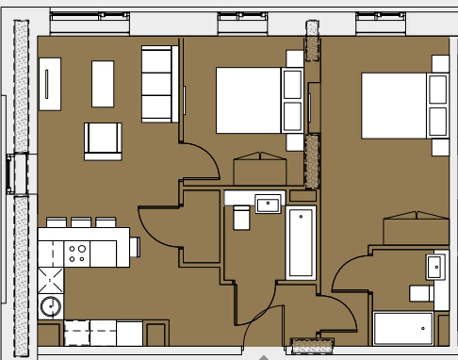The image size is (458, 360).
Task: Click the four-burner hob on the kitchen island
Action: coord(77,253)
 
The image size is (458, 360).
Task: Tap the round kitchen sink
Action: coord(50,307)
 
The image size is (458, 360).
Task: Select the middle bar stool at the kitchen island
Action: coord(81,222)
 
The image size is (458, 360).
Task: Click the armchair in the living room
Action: coord(103,141)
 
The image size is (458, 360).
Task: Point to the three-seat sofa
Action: coord(160,84)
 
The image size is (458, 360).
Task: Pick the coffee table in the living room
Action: coord(102,84)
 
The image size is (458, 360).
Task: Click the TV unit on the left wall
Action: coord(49,84)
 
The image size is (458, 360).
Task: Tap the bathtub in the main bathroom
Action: coord(301,242)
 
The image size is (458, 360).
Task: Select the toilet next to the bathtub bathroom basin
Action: coord(241,218)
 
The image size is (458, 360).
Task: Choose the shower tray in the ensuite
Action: coord(403,329)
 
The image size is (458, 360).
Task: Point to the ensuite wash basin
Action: coord(435,267)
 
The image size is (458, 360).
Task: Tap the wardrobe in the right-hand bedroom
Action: coord(416,228)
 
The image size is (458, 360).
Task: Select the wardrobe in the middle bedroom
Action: coord(259,169)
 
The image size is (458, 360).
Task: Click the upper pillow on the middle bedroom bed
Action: coord(292,84)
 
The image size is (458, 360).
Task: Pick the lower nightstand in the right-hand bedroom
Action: coord(440,147)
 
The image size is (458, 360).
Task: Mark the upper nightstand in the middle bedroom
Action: coord(295,59)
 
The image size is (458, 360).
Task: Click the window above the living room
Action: coord(89,23)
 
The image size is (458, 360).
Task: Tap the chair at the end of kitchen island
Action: coord(135,247)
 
